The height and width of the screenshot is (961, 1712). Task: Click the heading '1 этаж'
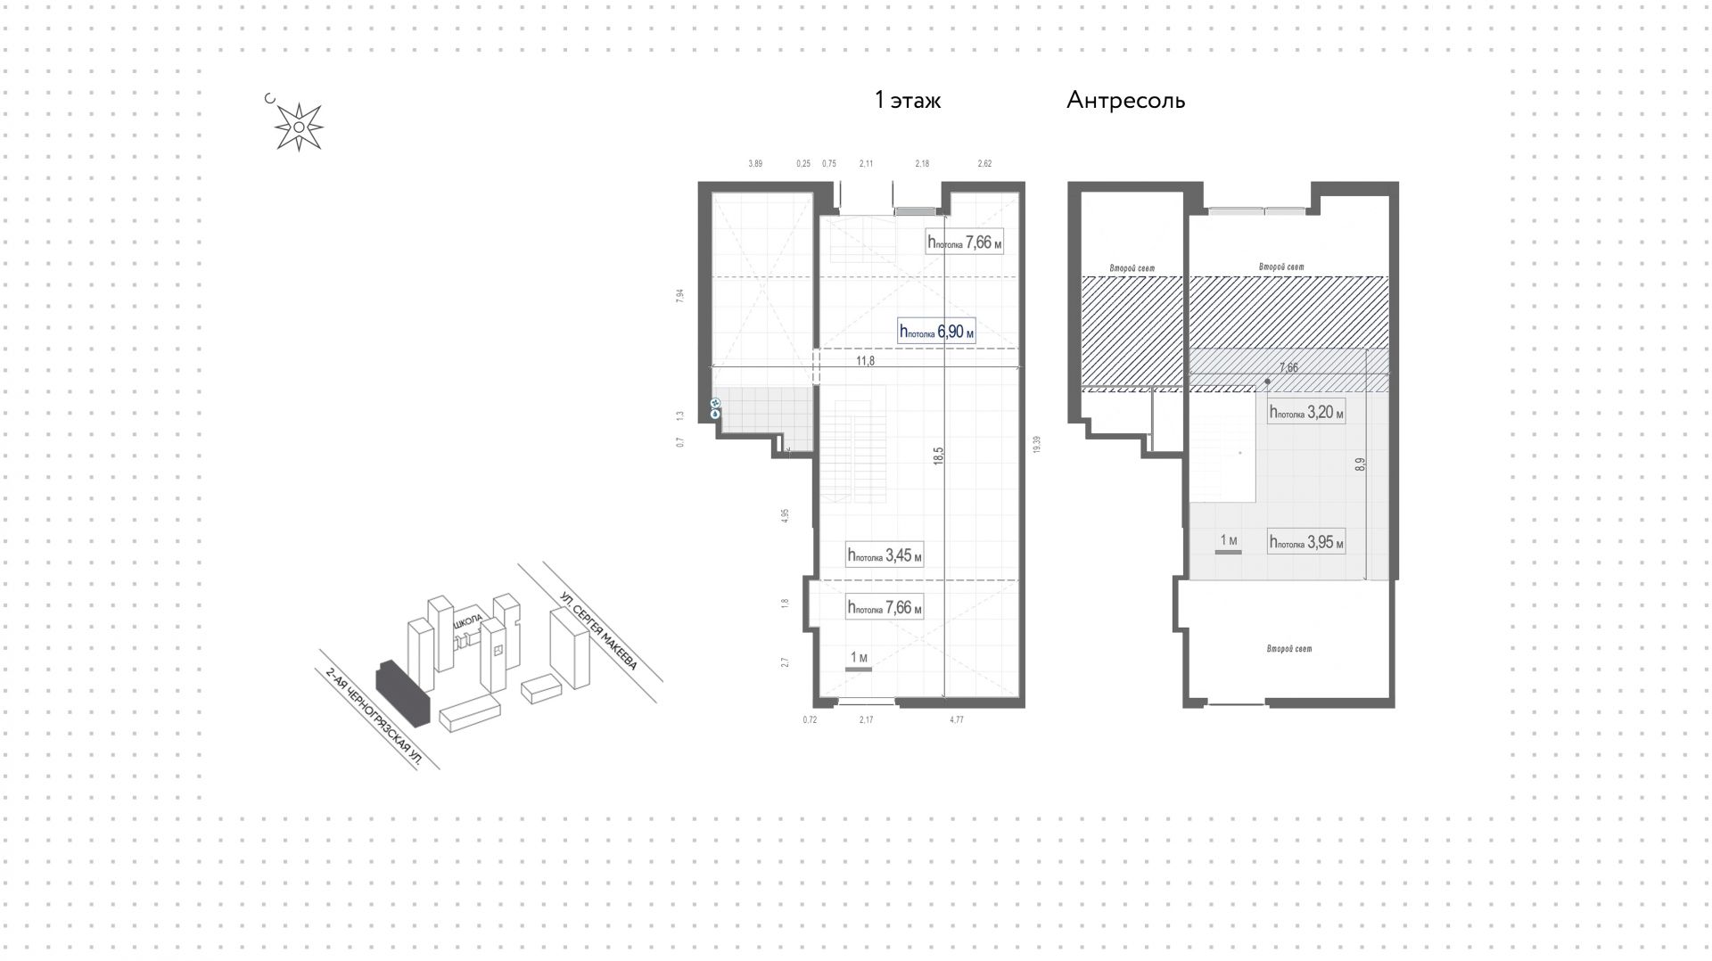908,101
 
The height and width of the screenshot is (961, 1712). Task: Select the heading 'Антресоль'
1125,101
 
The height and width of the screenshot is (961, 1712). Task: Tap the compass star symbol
299,127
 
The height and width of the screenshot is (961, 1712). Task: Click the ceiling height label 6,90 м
936,332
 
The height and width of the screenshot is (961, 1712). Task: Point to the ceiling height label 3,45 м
885,555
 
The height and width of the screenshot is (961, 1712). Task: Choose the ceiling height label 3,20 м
1306,413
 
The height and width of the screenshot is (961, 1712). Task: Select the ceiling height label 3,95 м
1306,542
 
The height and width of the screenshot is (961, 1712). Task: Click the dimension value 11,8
865,361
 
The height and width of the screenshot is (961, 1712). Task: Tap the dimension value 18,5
938,456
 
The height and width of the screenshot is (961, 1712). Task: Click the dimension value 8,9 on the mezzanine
1359,464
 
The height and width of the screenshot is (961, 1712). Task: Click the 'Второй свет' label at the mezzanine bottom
1289,649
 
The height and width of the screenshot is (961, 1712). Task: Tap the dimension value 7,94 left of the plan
680,297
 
